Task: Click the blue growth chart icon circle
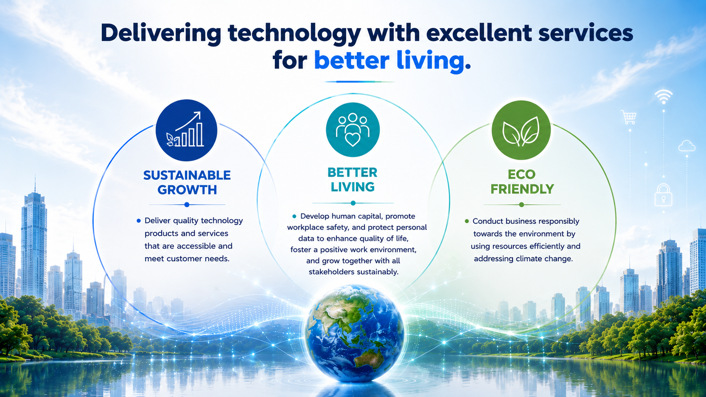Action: click(x=186, y=130)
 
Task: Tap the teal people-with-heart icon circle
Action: click(x=353, y=130)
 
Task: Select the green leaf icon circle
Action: click(x=521, y=130)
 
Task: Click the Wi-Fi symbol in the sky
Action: click(x=663, y=97)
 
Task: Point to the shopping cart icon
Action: click(x=629, y=117)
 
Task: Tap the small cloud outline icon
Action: click(x=687, y=146)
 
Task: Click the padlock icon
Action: click(x=663, y=195)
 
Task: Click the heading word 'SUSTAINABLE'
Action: click(x=187, y=176)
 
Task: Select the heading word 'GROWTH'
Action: click(x=187, y=190)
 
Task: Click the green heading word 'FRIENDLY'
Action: click(x=522, y=189)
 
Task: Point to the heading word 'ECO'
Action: click(x=521, y=174)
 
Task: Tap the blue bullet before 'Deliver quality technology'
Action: click(x=138, y=221)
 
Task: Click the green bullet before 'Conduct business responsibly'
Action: click(x=467, y=221)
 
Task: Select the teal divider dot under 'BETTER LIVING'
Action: click(x=353, y=203)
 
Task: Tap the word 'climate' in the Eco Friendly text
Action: click(x=532, y=259)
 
